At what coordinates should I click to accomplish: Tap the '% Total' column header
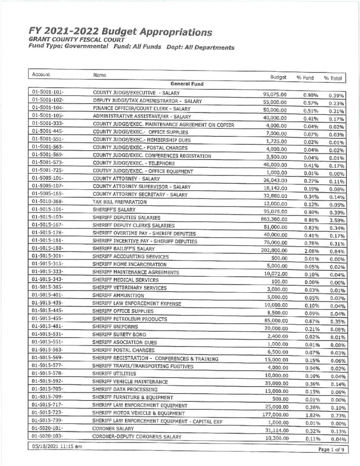pyautogui.click(x=333, y=78)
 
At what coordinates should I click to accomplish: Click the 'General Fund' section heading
pyautogui.click(x=187, y=84)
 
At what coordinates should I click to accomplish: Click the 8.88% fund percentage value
pyautogui.click(x=310, y=220)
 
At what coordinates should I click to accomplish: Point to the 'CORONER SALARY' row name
pyautogui.click(x=113, y=428)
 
